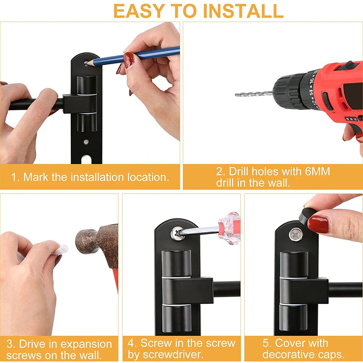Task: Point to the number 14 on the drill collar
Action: click(311, 91)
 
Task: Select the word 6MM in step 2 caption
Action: click(317, 172)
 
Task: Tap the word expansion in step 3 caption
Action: click(87, 344)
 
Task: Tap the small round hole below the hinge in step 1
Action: click(87, 142)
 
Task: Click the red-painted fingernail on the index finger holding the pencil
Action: click(129, 60)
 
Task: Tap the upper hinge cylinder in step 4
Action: click(176, 263)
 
